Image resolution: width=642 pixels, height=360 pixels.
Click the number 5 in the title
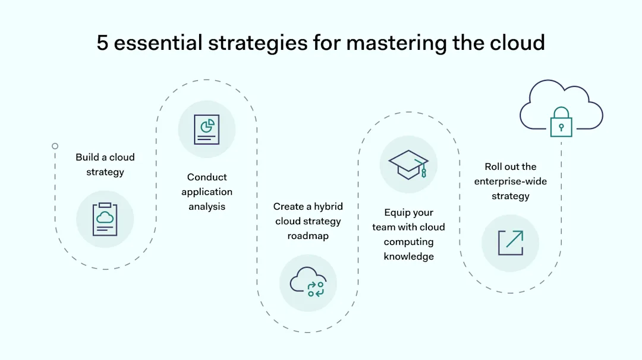(x=103, y=43)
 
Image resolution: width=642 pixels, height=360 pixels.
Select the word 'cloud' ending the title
(x=515, y=43)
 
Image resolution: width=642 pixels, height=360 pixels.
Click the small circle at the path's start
(x=55, y=146)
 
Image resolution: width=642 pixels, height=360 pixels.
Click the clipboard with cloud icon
(x=105, y=219)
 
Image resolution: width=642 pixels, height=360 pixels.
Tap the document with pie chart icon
(x=206, y=130)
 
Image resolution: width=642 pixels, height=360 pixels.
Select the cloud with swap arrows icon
(x=307, y=282)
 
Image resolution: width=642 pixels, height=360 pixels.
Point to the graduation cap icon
(x=408, y=165)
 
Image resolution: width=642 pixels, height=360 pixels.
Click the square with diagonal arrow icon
(x=510, y=243)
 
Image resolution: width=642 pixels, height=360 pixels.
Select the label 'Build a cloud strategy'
(x=105, y=165)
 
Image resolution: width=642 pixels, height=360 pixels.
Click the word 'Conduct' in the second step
(x=207, y=177)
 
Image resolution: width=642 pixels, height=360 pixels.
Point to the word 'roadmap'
(x=308, y=236)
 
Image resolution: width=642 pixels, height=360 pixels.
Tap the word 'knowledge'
(x=408, y=257)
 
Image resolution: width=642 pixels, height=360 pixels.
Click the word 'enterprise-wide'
(x=510, y=181)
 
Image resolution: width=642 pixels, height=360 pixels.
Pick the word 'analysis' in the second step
(x=207, y=207)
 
